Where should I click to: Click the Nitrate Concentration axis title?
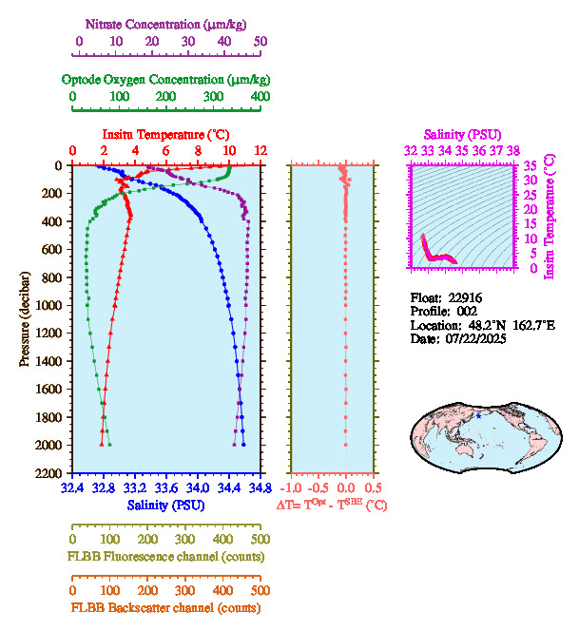[169, 22]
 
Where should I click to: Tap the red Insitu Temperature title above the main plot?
[166, 135]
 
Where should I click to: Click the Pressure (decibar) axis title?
[25, 319]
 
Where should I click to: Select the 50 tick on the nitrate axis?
[261, 42]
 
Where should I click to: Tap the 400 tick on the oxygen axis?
[260, 97]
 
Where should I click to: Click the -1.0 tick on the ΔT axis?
[293, 487]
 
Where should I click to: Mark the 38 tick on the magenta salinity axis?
[513, 150]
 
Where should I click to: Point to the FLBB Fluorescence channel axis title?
[166, 556]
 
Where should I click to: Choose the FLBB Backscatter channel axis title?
[166, 608]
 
